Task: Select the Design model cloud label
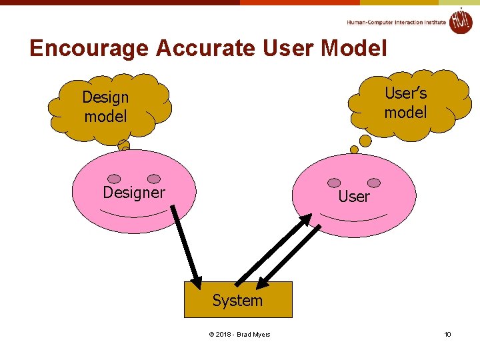[105, 107]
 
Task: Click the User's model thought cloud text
[405, 103]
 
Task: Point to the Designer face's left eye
[115, 179]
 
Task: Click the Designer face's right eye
[154, 179]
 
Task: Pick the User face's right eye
[374, 183]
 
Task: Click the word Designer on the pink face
[134, 193]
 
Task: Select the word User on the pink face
[353, 197]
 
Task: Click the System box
[238, 300]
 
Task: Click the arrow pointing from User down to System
[289, 257]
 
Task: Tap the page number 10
[448, 334]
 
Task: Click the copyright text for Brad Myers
[239, 334]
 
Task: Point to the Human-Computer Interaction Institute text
[396, 22]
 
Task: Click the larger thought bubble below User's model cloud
[365, 141]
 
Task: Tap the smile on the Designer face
[133, 213]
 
